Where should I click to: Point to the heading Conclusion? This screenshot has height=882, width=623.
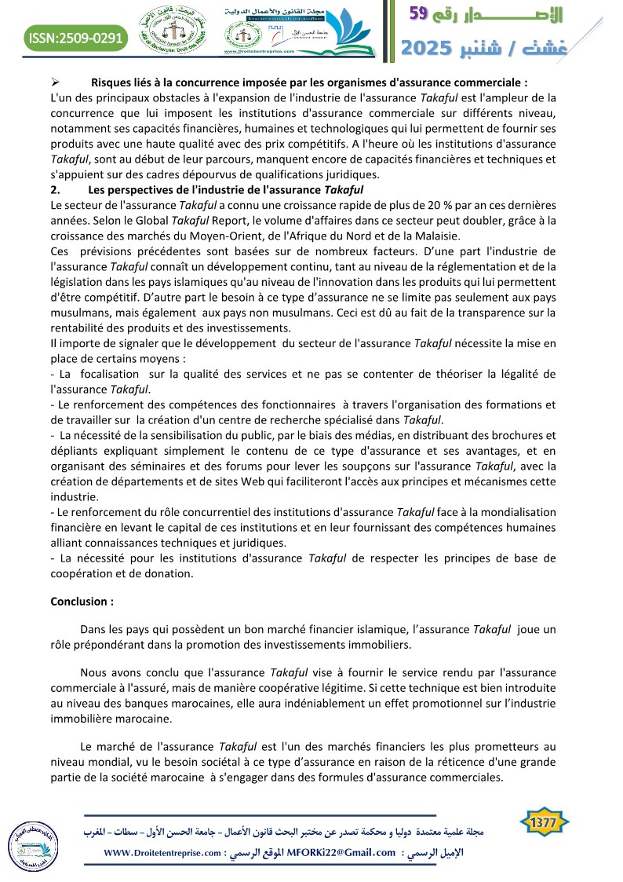point(82,602)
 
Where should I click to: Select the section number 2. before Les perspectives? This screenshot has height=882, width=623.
point(54,189)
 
